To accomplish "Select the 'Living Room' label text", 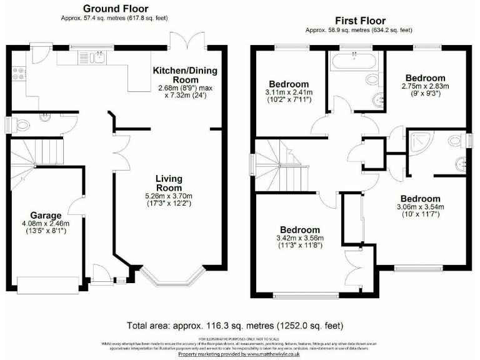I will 169,182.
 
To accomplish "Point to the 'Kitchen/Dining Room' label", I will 186,75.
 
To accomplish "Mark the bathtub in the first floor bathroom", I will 353,62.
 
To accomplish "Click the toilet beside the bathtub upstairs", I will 376,101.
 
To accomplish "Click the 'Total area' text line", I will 234,326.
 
